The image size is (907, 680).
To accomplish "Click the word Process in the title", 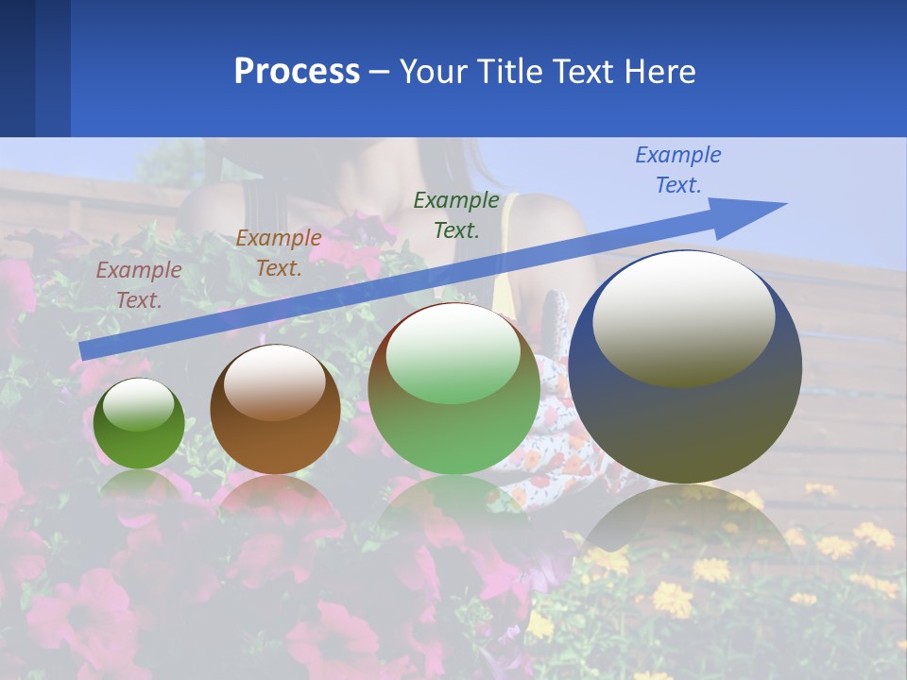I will (x=297, y=72).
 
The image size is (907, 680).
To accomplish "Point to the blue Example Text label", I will (x=678, y=170).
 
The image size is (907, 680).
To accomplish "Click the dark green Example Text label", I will (x=456, y=214).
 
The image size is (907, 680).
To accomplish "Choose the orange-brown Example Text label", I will (x=279, y=253).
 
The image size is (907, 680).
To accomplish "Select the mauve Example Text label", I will (x=139, y=284).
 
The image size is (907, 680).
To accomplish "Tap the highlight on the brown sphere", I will (x=275, y=381).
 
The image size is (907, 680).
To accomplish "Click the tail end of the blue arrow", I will (x=87, y=350).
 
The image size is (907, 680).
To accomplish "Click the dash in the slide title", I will (x=380, y=73).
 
